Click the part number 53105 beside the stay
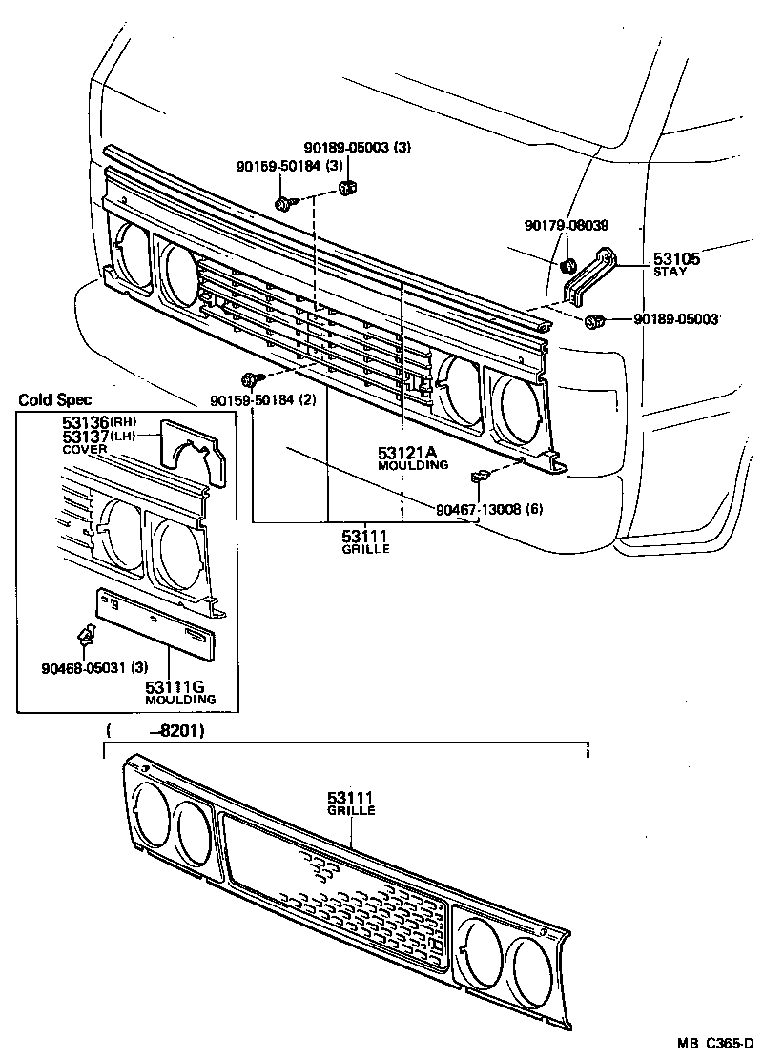[676, 259]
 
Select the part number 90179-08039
[567, 226]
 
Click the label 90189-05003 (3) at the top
[358, 148]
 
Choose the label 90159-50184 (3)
[290, 167]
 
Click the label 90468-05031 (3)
[93, 667]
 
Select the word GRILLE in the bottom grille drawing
[351, 811]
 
